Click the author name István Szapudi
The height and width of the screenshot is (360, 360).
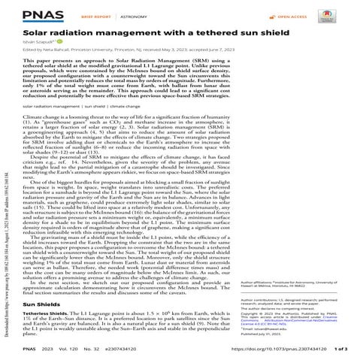tap(43, 45)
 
